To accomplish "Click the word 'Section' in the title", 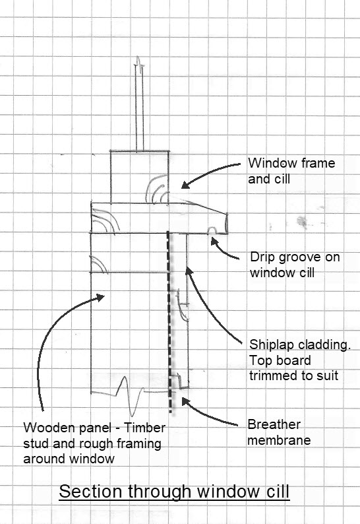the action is point(90,491).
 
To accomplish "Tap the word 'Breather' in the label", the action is point(274,424).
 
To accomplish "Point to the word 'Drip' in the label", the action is point(262,257).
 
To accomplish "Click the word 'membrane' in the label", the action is point(279,440).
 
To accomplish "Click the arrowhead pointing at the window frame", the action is point(185,184).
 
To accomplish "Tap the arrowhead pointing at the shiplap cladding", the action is point(189,271).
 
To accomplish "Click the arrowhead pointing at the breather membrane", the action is point(186,401).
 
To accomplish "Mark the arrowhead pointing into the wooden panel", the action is point(100,297).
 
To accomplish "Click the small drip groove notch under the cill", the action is point(212,230).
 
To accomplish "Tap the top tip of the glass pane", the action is point(138,57).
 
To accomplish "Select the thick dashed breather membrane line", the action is point(169,323).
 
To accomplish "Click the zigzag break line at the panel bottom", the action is point(131,398).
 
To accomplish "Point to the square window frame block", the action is point(140,177).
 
